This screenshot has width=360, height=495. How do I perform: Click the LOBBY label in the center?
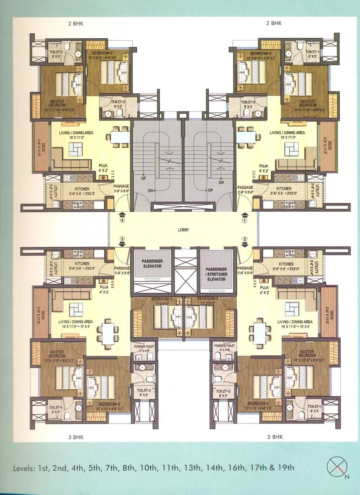click(183, 230)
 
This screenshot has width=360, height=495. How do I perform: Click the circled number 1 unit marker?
click(245, 221)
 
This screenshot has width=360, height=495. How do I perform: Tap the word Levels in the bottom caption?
click(28, 468)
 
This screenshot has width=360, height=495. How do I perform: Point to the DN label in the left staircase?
click(150, 191)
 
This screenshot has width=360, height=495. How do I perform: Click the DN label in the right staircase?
click(221, 183)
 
